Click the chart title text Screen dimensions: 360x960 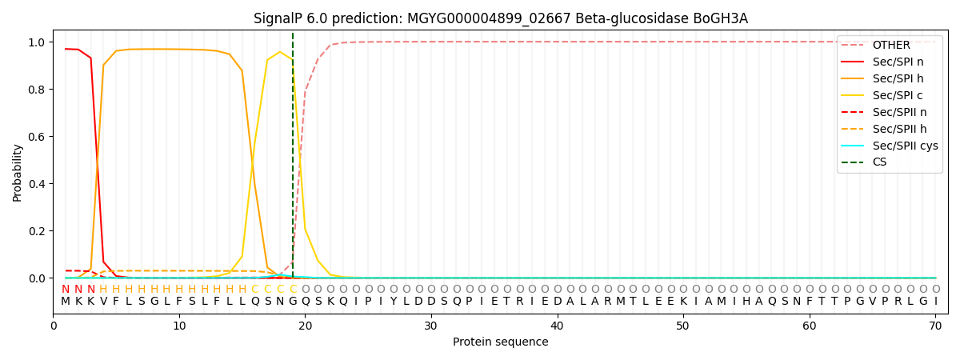click(x=501, y=18)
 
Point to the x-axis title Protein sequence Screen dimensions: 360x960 click(x=501, y=342)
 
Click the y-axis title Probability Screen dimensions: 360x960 click(x=18, y=172)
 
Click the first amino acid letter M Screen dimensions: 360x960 click(x=66, y=302)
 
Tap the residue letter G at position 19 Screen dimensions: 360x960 click(x=293, y=302)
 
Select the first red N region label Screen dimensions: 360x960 click(x=66, y=290)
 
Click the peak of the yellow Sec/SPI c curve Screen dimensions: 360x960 click(x=280, y=52)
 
